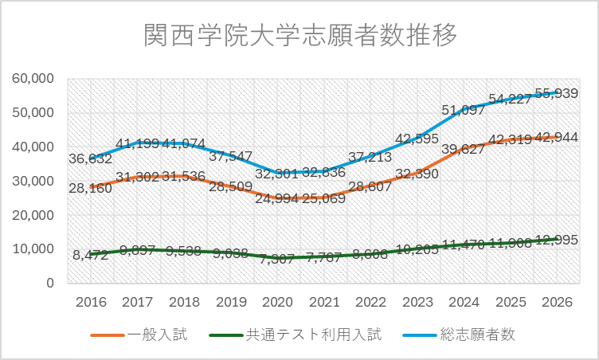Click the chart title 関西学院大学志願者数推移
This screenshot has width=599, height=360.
[x=300, y=36]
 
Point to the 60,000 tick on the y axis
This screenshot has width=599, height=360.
[x=33, y=78]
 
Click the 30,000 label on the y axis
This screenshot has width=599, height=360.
[x=33, y=181]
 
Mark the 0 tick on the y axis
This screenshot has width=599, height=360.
[x=49, y=283]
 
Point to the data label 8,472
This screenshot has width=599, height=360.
[x=90, y=256]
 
